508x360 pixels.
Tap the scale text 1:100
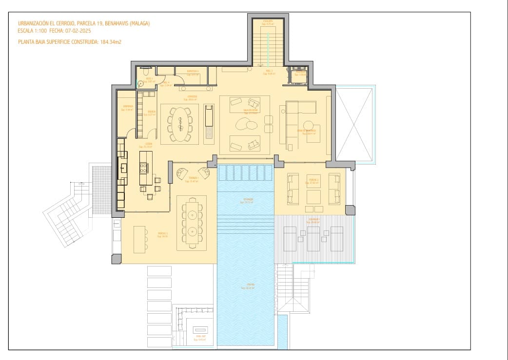point(40,30)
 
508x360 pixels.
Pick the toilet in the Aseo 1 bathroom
point(140,83)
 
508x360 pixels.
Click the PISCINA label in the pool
point(251,284)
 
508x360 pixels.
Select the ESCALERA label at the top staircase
point(268,21)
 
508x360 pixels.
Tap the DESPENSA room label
point(128,106)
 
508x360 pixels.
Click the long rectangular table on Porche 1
point(192,223)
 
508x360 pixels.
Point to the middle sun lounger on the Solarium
point(313,238)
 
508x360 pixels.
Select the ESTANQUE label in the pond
point(249,199)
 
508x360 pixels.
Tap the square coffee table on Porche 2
point(313,197)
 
